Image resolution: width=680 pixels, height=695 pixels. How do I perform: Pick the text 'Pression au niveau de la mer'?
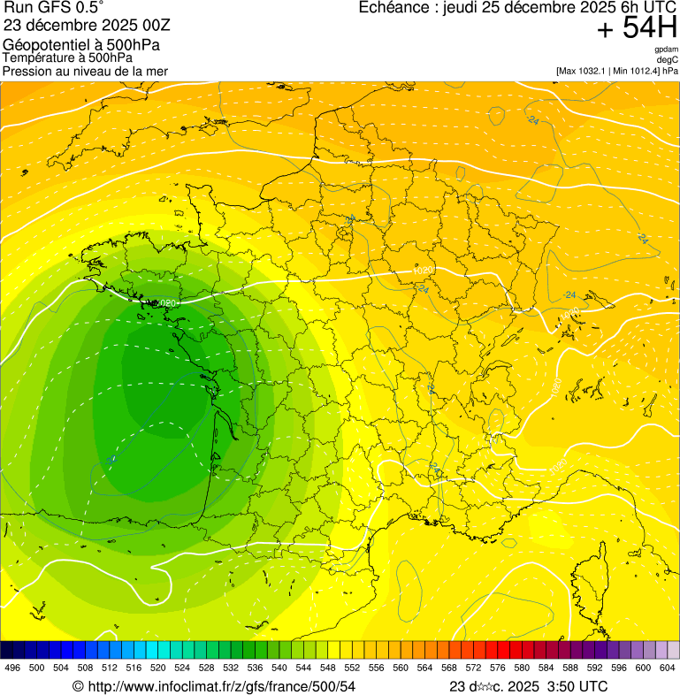[x=85, y=71]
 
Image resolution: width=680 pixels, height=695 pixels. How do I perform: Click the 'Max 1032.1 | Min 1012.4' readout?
[x=609, y=71]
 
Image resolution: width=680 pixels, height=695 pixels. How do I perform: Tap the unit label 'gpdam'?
[x=666, y=50]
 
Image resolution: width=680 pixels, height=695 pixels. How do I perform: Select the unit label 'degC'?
[x=668, y=59]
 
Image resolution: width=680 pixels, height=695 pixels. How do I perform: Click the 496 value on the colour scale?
[x=12, y=668]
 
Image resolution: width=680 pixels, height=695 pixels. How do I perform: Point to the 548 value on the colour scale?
[x=328, y=668]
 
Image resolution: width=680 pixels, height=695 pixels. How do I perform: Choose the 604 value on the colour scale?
[x=668, y=668]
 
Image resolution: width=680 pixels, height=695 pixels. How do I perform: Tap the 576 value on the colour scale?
[x=498, y=668]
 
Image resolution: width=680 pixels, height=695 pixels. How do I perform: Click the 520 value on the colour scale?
[x=158, y=668]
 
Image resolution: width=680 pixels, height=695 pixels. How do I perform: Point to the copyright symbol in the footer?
[x=78, y=686]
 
